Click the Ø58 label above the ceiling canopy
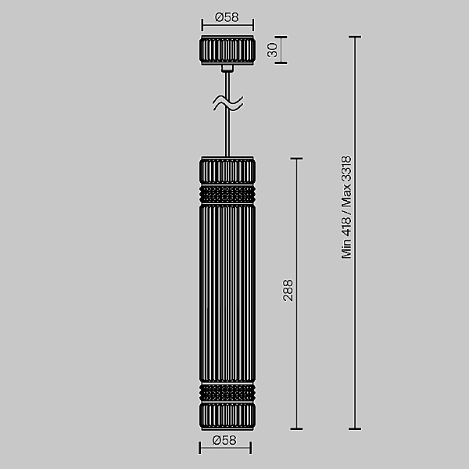click(x=227, y=16)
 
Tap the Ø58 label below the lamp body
click(x=224, y=442)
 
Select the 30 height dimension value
click(x=273, y=49)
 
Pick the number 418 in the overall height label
click(x=347, y=223)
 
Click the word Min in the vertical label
click(x=347, y=248)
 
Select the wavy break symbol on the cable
click(x=227, y=102)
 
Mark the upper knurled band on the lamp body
click(x=227, y=192)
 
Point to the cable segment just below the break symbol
click(x=227, y=133)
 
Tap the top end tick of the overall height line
click(x=356, y=37)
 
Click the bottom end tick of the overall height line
click(x=356, y=428)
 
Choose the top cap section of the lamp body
click(x=227, y=170)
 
